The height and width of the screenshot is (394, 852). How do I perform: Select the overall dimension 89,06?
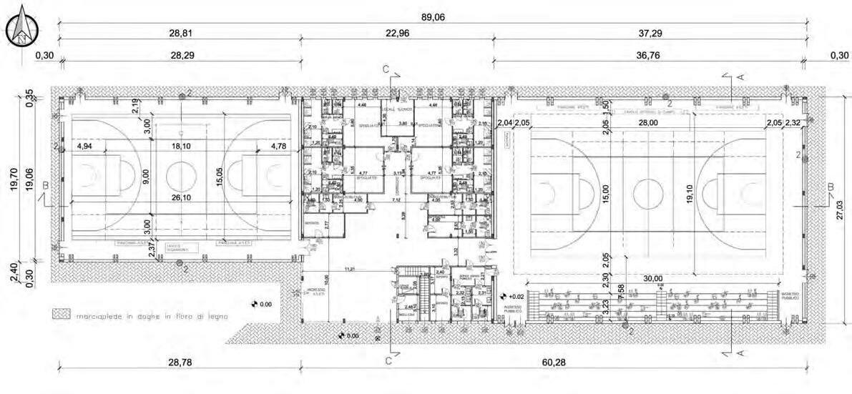pos(434,18)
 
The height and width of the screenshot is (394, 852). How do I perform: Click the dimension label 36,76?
pos(650,55)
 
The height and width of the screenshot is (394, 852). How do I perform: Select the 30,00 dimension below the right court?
pos(652,279)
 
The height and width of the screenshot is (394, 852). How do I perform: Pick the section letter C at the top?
pos(386,69)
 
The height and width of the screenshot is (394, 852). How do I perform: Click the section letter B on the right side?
pos(830,187)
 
